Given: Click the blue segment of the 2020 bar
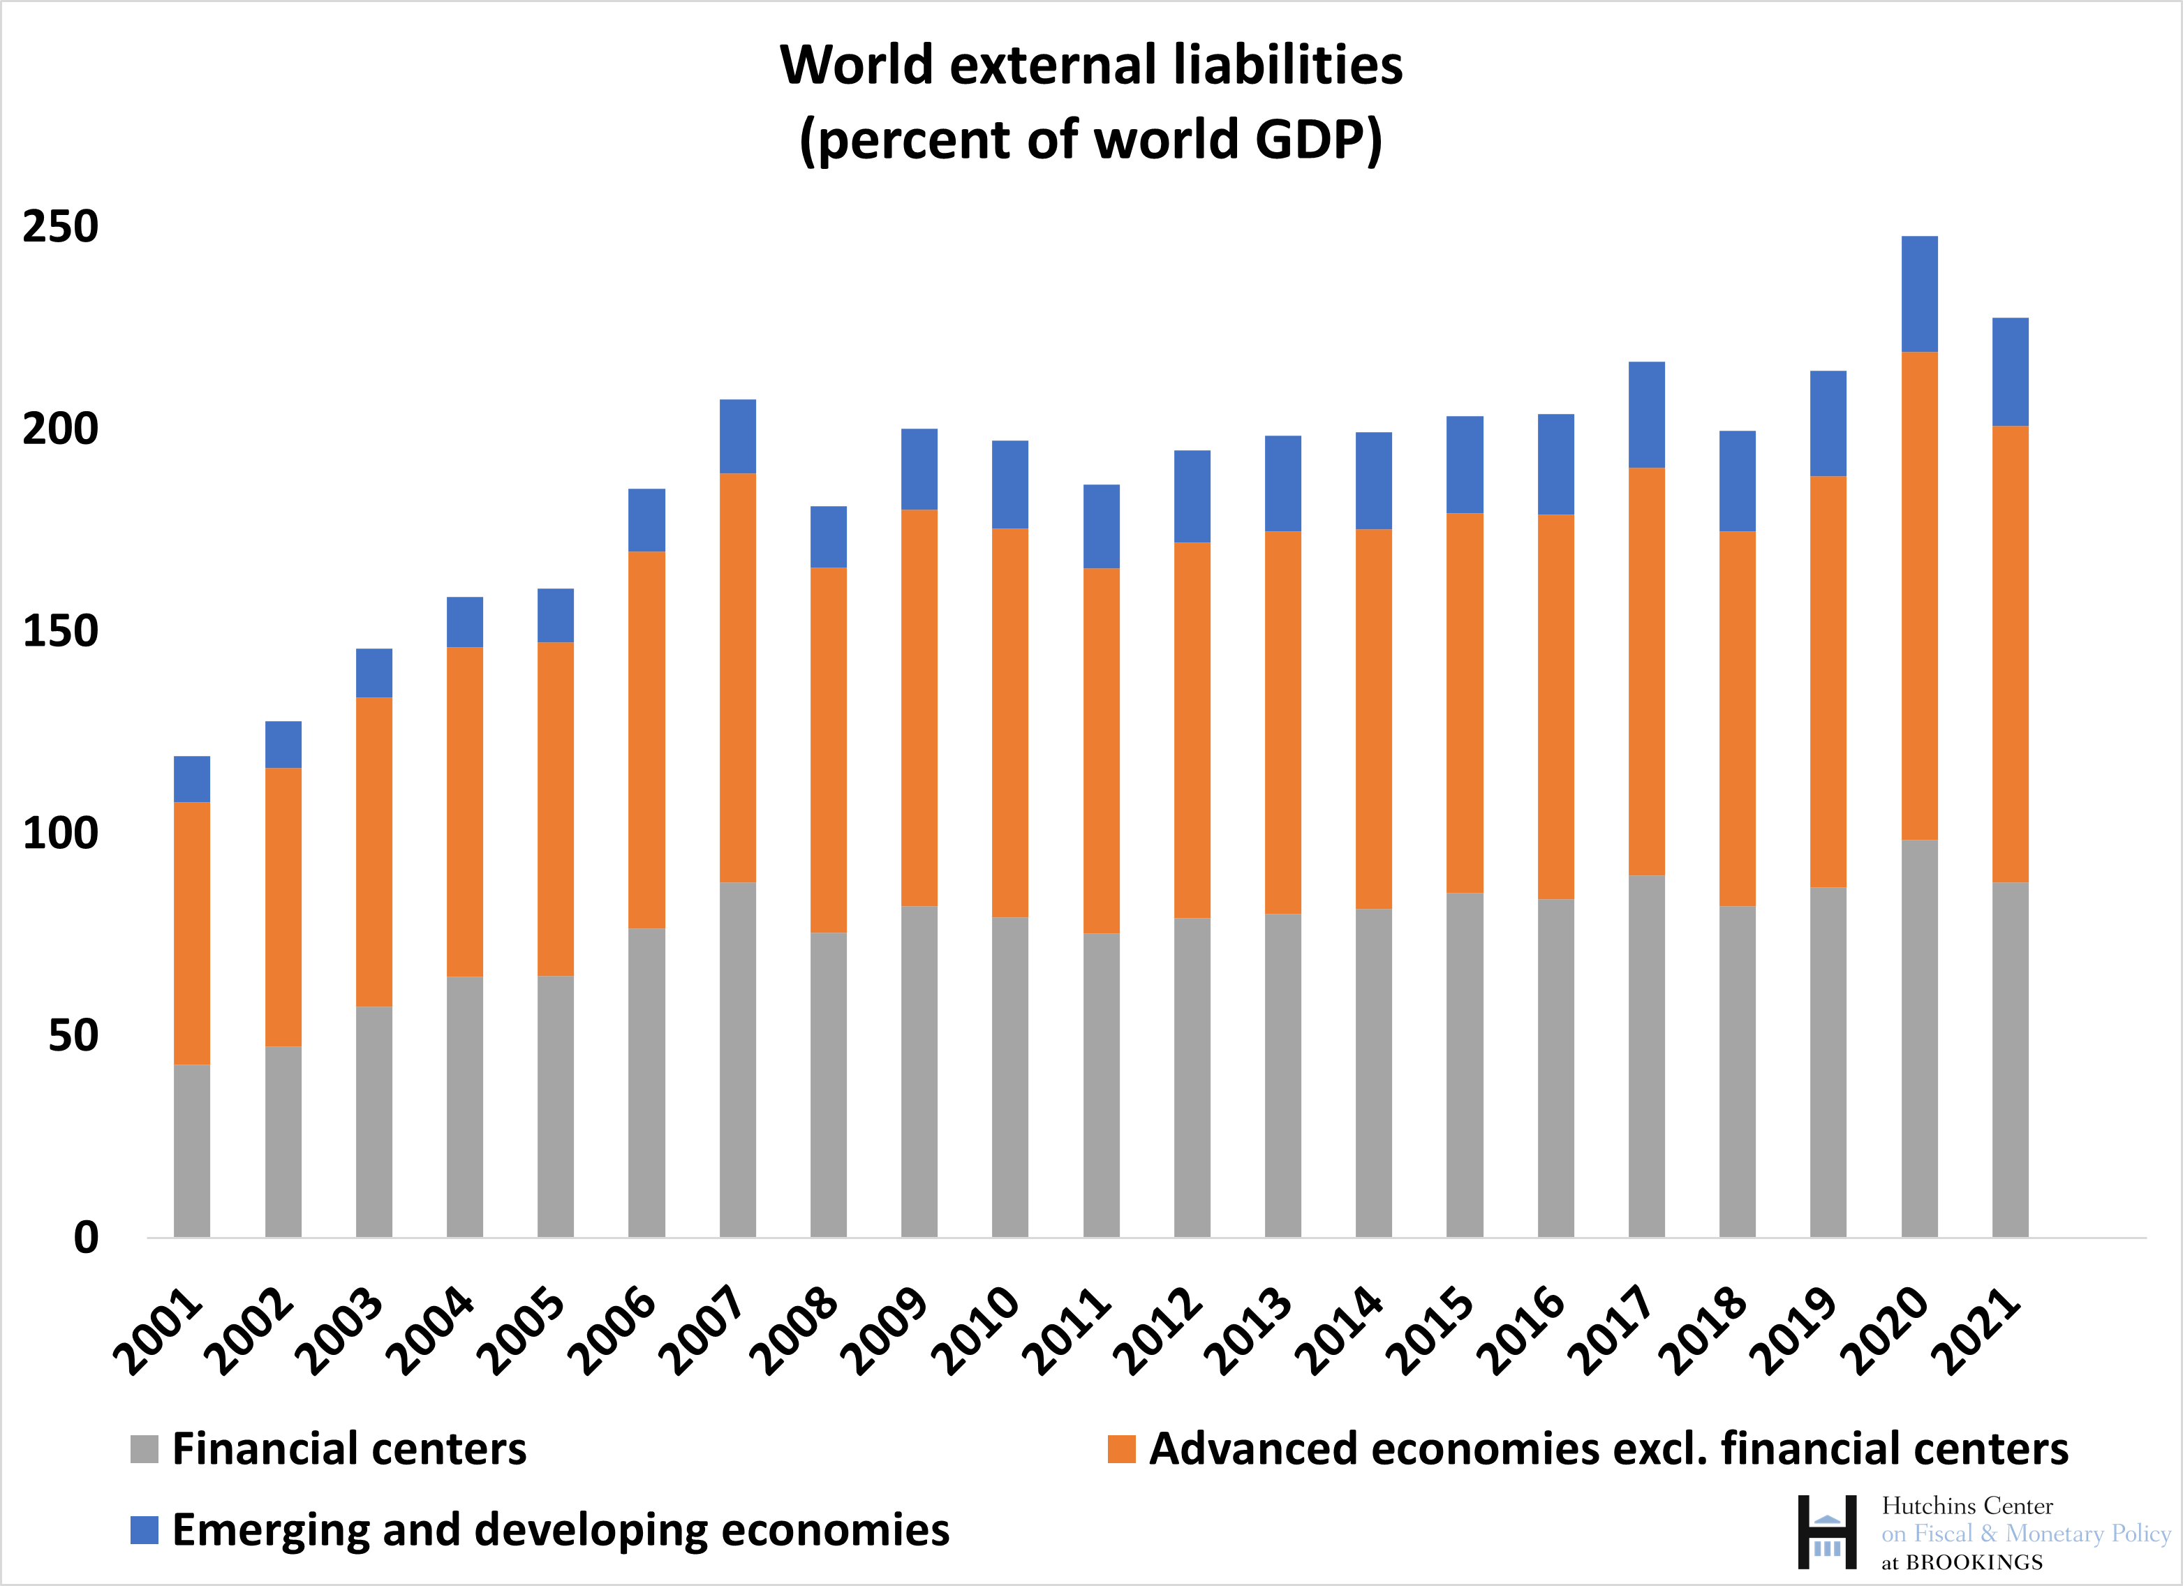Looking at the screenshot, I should pyautogui.click(x=1919, y=293).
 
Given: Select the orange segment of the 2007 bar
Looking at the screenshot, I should pyautogui.click(x=737, y=678).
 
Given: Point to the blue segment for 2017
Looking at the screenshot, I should pyautogui.click(x=1646, y=415).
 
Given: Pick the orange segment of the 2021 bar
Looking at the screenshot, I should pyautogui.click(x=2010, y=653).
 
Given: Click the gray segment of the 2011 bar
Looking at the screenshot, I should pyautogui.click(x=1101, y=1085).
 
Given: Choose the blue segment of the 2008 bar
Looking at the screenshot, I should pyautogui.click(x=828, y=537).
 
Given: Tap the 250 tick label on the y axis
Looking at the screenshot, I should pyautogui.click(x=61, y=227).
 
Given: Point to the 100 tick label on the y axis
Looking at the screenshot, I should pyautogui.click(x=61, y=833).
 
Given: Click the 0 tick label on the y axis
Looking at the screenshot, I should pyautogui.click(x=86, y=1238).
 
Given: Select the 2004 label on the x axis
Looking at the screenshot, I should pyautogui.click(x=430, y=1332).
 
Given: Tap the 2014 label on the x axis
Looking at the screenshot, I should pyautogui.click(x=1339, y=1332).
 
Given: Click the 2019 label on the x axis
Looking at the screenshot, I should pyautogui.click(x=1793, y=1332).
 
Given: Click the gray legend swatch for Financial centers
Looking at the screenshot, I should pyautogui.click(x=145, y=1449).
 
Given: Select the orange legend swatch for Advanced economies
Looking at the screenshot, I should pyautogui.click(x=1121, y=1449).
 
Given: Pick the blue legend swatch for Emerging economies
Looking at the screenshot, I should pyautogui.click(x=145, y=1530).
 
